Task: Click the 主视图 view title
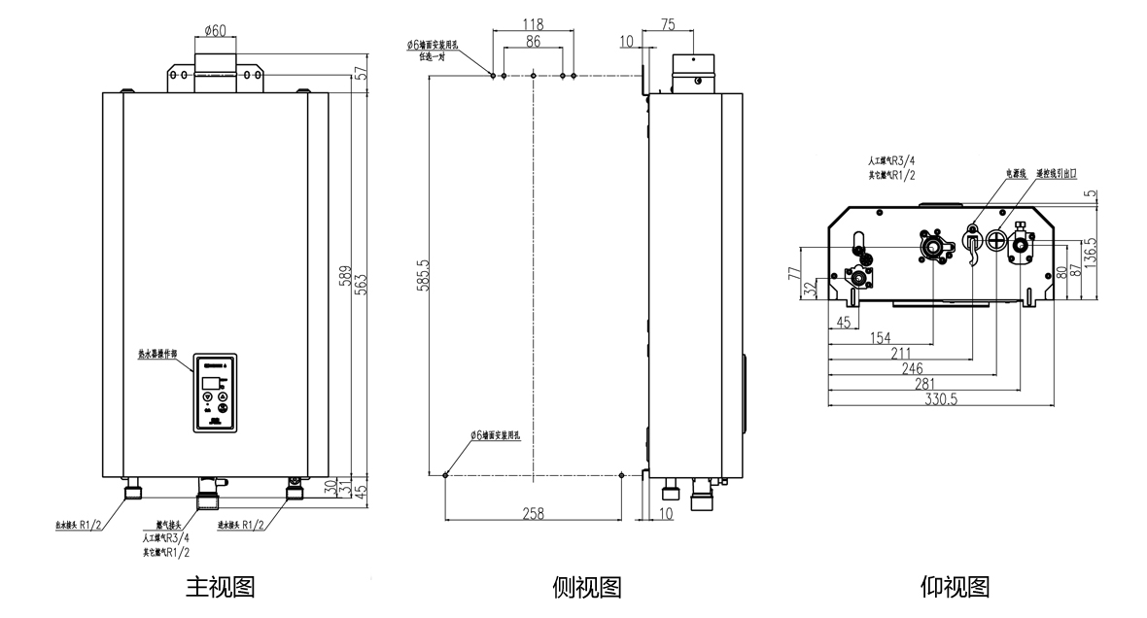tap(220, 587)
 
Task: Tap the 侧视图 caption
tap(586, 587)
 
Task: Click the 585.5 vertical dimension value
tap(421, 279)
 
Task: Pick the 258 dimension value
tap(533, 513)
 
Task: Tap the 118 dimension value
tap(533, 23)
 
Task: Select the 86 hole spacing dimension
tap(533, 43)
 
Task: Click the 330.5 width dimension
tap(941, 399)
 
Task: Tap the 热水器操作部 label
tap(157, 356)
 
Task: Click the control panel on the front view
tap(215, 391)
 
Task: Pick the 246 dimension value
tap(912, 369)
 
